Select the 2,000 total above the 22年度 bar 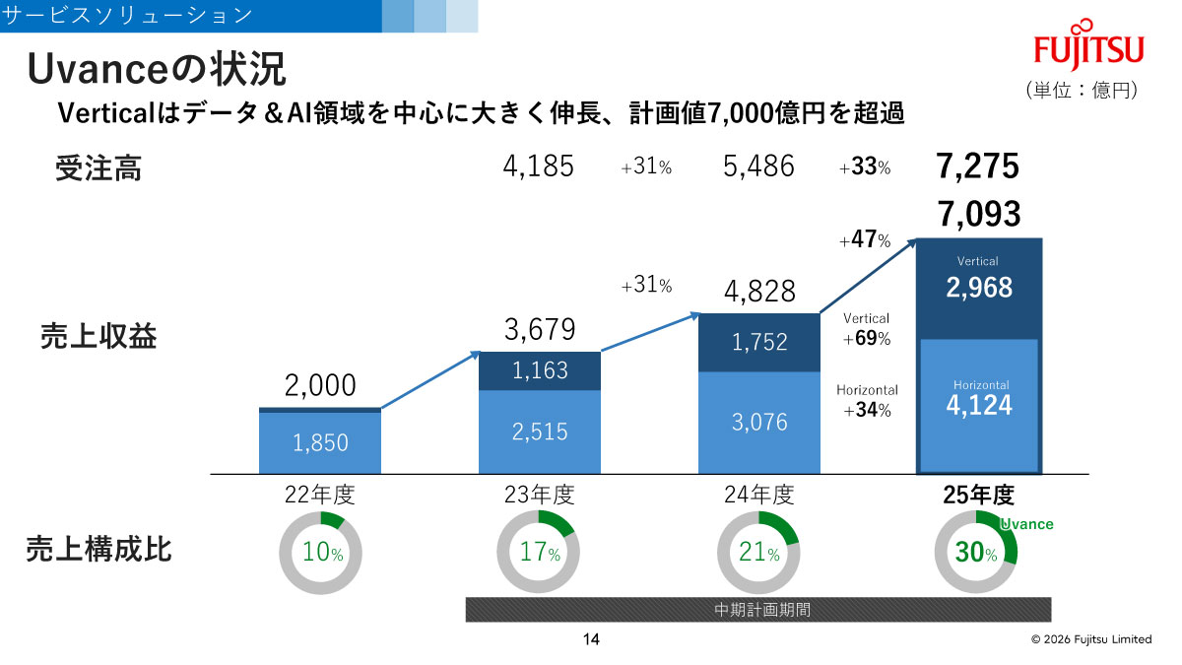[320, 385]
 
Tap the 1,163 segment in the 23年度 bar [539, 370]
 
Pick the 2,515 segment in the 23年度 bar [539, 432]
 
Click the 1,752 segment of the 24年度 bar [758, 342]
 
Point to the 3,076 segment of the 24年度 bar [758, 422]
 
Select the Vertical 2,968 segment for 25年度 [978, 287]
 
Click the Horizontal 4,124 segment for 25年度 [978, 404]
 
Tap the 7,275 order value [978, 166]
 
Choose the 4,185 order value [538, 166]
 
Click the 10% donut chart [320, 553]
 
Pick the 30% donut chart [975, 553]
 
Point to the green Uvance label [1026, 524]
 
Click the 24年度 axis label [758, 495]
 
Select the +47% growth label [865, 240]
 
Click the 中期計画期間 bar [758, 610]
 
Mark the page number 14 [591, 639]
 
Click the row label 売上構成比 [98, 550]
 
